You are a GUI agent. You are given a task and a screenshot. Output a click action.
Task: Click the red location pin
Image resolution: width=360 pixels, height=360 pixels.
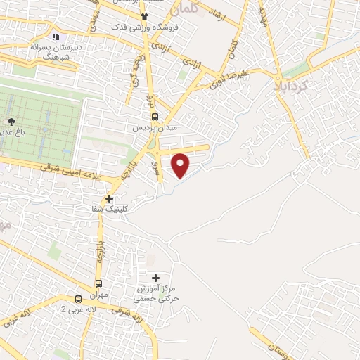(x=181, y=165)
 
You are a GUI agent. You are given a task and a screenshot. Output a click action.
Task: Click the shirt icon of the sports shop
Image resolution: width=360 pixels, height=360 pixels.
(x=145, y=16)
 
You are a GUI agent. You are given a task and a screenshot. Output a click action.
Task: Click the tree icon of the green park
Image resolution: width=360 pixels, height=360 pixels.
(x=12, y=120)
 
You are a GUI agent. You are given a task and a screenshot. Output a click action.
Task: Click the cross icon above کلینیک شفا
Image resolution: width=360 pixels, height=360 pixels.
(x=109, y=198)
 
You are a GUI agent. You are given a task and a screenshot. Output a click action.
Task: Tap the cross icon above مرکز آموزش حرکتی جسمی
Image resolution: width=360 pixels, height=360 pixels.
(x=155, y=278)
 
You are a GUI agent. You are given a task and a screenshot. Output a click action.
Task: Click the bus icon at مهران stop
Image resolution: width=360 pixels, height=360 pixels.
(x=98, y=284)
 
